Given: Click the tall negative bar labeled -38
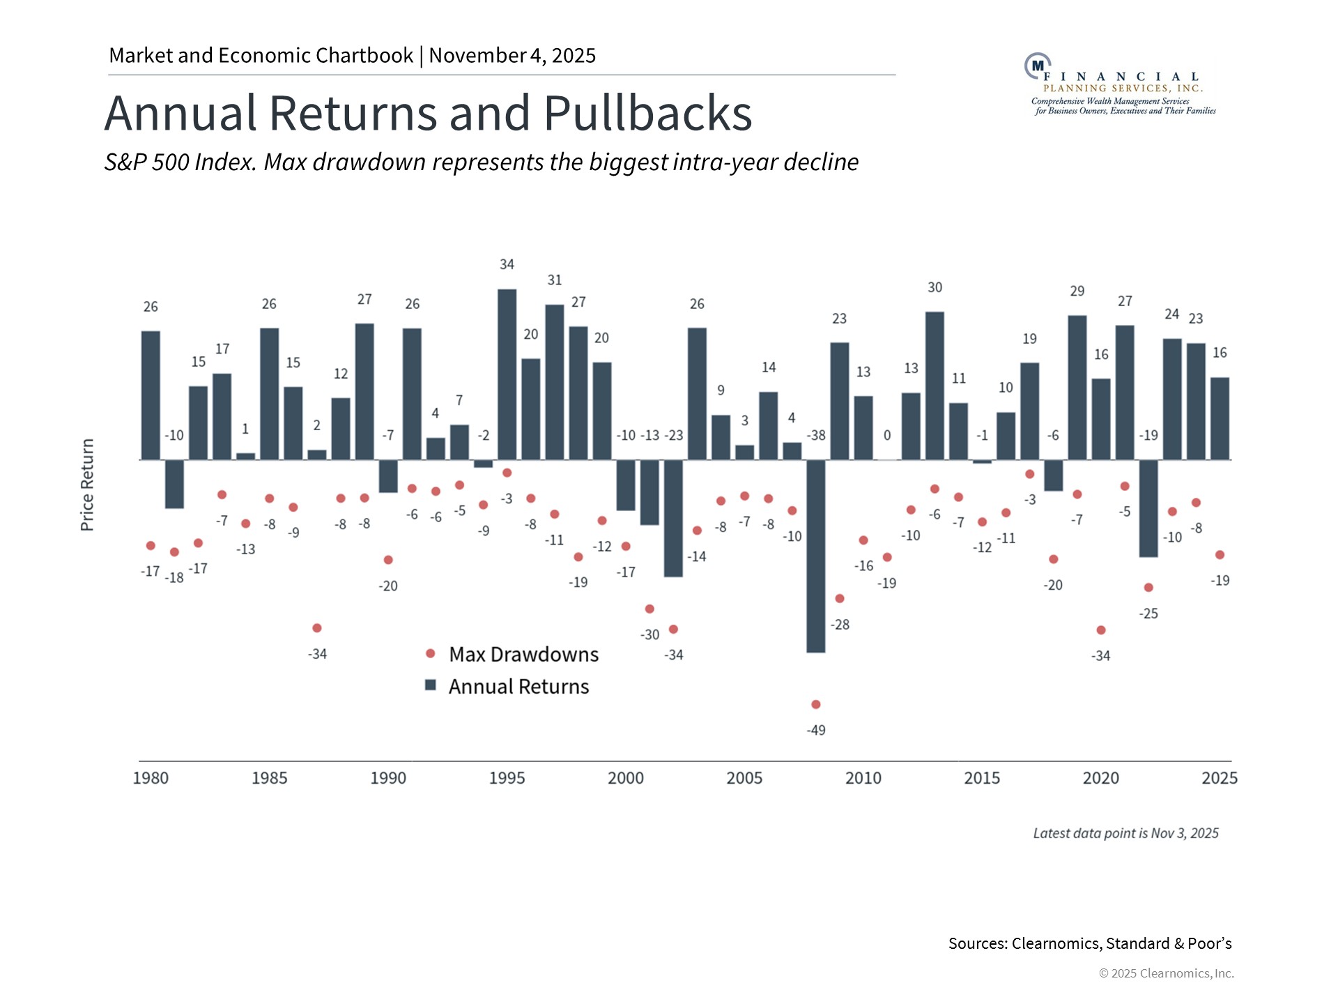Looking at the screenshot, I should click(815, 556).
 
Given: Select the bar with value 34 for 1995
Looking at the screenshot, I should click(507, 374).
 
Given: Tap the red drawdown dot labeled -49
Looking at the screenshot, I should click(816, 704).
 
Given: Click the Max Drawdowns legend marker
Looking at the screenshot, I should click(431, 653).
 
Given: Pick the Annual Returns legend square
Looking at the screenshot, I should click(431, 685).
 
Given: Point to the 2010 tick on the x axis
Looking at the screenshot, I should click(863, 777).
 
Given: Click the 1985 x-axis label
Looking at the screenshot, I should click(269, 777).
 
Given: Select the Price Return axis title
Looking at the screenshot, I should click(87, 485).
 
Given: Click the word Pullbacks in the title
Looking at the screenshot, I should click(647, 113).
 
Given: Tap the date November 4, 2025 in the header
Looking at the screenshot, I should click(512, 55).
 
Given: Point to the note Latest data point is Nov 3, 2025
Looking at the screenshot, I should click(1125, 833).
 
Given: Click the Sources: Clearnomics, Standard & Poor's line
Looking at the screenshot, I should click(1089, 943).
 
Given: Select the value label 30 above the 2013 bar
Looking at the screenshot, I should click(935, 287).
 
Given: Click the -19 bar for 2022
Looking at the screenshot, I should click(1148, 508).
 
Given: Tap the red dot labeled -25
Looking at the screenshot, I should click(1148, 588).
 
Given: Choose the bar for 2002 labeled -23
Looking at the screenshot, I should click(673, 518).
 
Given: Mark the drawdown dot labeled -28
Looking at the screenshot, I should click(840, 598).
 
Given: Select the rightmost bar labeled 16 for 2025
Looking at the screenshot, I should click(1220, 418).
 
